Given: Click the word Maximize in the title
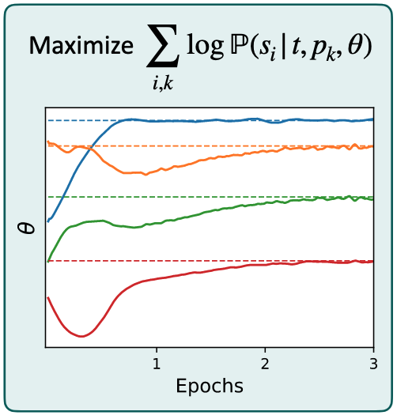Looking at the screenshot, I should pyautogui.click(x=81, y=47).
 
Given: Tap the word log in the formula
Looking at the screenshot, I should pyautogui.click(x=203, y=47).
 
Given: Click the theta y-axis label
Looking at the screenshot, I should pyautogui.click(x=26, y=229).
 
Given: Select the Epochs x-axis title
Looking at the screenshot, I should pyautogui.click(x=210, y=387).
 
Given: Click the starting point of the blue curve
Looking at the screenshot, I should pyautogui.click(x=48, y=222).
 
